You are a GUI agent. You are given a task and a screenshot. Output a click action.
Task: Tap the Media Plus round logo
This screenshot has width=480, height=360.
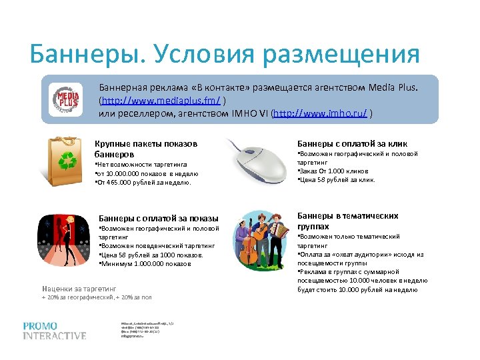(67, 99)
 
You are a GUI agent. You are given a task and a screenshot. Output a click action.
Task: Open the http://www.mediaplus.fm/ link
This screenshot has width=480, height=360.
(161, 101)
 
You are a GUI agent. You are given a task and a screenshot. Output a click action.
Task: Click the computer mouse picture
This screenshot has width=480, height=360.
(257, 160)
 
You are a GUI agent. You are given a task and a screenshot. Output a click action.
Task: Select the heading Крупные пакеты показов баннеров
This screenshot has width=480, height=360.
(146, 149)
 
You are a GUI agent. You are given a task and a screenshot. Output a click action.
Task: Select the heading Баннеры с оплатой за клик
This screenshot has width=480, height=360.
(352, 143)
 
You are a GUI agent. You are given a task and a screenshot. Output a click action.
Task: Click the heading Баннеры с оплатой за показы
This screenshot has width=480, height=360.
(158, 218)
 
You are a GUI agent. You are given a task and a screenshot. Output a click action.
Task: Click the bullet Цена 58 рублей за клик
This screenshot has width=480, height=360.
(337, 179)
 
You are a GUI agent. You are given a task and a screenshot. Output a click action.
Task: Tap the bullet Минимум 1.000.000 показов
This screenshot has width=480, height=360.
(145, 263)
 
